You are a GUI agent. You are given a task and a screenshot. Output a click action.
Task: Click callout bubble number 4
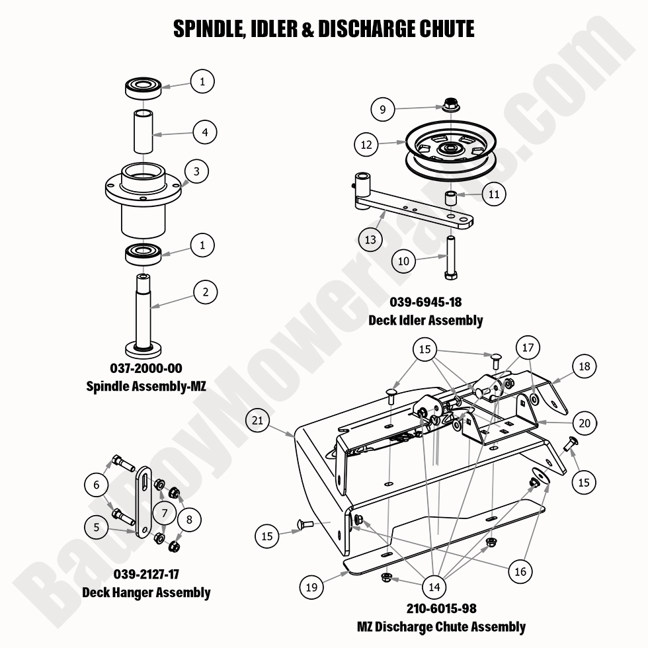click(205, 132)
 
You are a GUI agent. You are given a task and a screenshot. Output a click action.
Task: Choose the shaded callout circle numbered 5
click(97, 527)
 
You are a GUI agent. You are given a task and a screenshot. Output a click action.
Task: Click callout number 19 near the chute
click(311, 586)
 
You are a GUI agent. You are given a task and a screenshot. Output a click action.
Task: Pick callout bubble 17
click(527, 347)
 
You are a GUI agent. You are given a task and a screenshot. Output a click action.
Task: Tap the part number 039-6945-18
click(425, 302)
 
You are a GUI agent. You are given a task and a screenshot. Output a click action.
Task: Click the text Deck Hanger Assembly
click(146, 592)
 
